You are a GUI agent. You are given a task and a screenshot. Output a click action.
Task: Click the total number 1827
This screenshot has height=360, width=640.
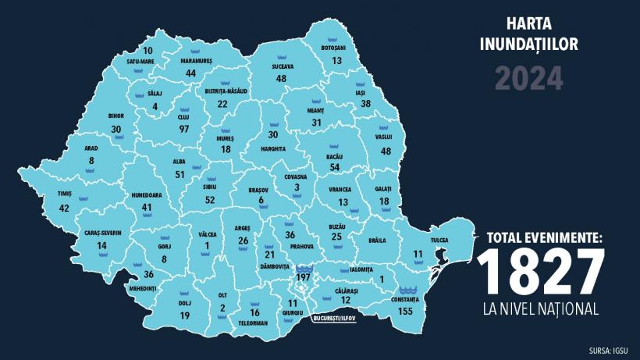coord(541,273)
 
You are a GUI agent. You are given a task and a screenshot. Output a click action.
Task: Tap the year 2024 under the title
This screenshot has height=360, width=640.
coord(528,77)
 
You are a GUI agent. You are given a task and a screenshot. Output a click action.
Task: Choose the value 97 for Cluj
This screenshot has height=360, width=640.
coord(184,129)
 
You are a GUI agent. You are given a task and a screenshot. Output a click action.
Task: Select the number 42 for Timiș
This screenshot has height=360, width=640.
coord(64,208)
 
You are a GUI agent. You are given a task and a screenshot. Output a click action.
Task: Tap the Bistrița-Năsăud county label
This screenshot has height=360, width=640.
coord(226,91)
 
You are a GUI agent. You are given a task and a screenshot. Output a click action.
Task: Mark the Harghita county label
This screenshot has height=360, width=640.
coord(272,148)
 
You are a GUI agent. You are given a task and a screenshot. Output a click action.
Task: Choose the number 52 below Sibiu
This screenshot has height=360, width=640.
coord(210,200)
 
